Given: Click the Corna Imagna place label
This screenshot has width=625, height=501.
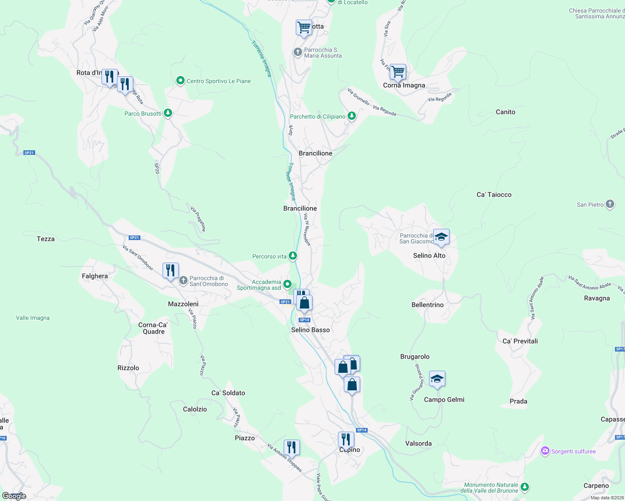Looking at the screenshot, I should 404,85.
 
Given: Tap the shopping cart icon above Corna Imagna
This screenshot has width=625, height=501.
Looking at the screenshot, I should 398,71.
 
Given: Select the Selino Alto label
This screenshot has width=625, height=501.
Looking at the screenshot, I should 429,256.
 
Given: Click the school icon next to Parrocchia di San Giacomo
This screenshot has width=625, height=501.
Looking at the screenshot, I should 441,237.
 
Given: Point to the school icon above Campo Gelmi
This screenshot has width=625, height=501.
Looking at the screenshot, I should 437,379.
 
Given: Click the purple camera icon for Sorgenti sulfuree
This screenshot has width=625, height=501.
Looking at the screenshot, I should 545,451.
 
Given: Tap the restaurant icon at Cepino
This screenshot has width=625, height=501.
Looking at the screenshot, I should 346,440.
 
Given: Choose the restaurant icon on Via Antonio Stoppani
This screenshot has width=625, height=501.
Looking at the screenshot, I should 292,448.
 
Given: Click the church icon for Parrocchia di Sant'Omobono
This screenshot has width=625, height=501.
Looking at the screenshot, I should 183,281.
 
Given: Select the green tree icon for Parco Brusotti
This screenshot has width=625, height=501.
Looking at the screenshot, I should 168,113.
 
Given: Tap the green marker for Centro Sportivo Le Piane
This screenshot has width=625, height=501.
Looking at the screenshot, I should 180,81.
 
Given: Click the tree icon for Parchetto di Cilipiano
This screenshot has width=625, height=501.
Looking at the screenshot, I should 352,116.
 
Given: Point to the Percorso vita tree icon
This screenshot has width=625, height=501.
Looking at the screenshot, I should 293,256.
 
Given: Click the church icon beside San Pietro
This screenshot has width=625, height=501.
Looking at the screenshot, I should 610,204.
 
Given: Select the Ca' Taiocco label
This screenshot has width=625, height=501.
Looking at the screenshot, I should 494,195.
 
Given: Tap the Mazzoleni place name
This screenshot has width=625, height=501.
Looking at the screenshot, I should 183,304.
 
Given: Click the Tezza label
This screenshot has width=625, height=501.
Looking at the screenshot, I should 46,239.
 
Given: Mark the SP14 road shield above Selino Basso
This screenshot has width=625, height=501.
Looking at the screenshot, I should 305,320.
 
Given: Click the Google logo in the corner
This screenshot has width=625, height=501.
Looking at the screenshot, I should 14,496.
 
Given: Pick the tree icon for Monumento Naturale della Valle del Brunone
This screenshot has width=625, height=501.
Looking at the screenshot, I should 525,487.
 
